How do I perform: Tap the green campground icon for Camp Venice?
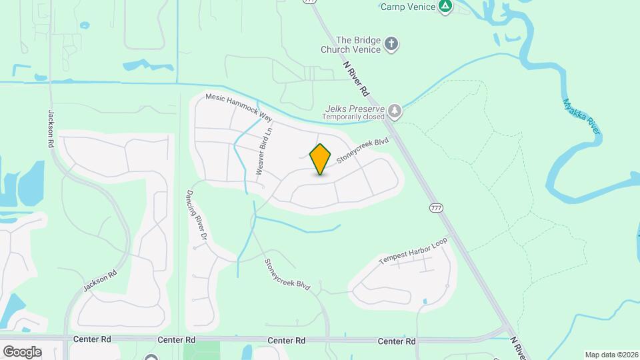pos(445,7)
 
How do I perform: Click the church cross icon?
pos(392,45)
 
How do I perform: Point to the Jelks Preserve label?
pos(355,108)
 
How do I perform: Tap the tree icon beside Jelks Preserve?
pos(395,111)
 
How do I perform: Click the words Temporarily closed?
pos(353,117)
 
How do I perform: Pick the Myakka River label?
pos(581,117)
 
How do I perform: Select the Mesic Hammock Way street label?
pos(239,107)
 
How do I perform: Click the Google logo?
pos(21,351)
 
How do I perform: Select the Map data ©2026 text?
pos(611,355)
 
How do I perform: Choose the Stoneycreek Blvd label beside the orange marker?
pos(362,151)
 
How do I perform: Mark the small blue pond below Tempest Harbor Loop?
pos(425,302)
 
